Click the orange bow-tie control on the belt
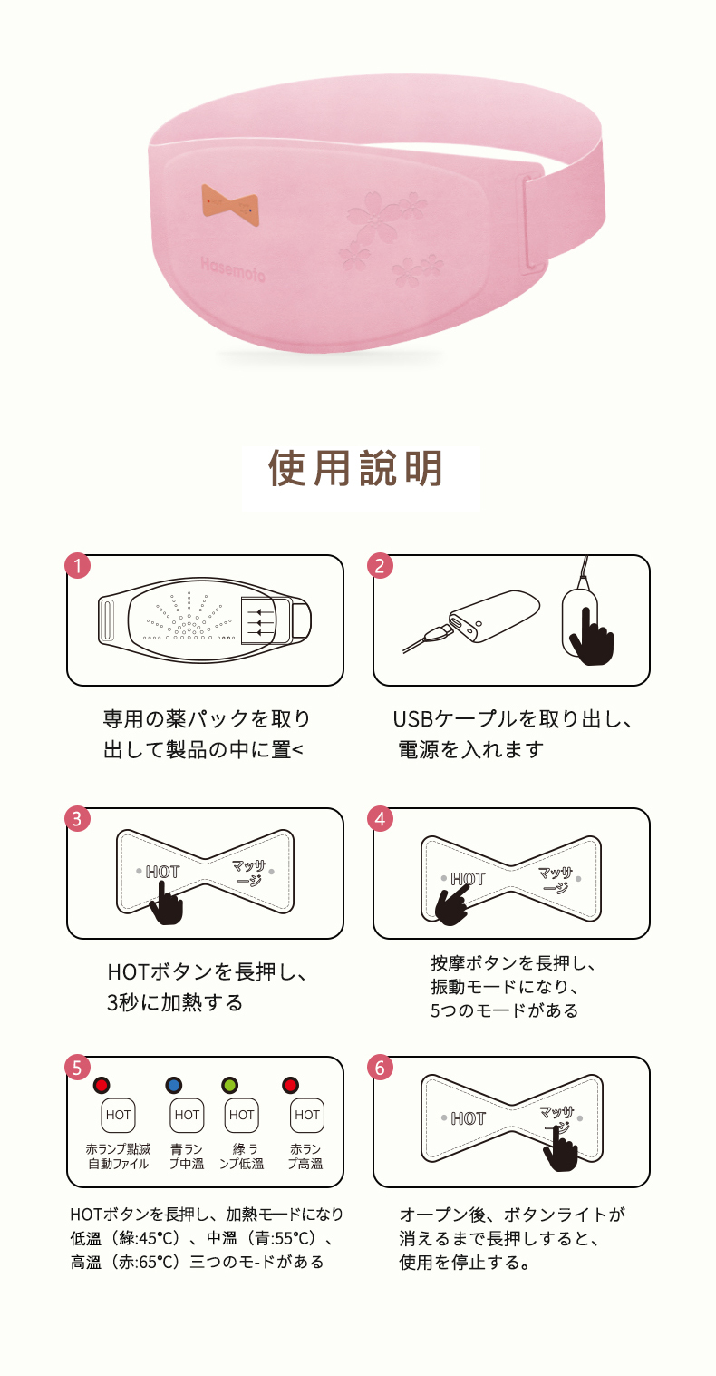[x=230, y=204]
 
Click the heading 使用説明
[x=356, y=469]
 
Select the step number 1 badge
[x=77, y=566]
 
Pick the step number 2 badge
[x=380, y=566]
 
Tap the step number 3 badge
[x=77, y=819]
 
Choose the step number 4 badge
[x=380, y=819]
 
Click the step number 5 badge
[x=77, y=1068]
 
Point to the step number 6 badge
[x=380, y=1068]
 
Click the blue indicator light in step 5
[x=174, y=1086]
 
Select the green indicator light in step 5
[x=230, y=1086]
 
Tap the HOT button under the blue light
[x=187, y=1115]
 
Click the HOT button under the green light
[x=242, y=1115]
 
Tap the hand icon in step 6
[x=560, y=1147]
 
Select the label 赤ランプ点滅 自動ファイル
[x=119, y=1156]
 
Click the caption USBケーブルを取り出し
[x=513, y=718]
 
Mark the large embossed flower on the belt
[x=375, y=218]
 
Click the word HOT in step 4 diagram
[x=468, y=879]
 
